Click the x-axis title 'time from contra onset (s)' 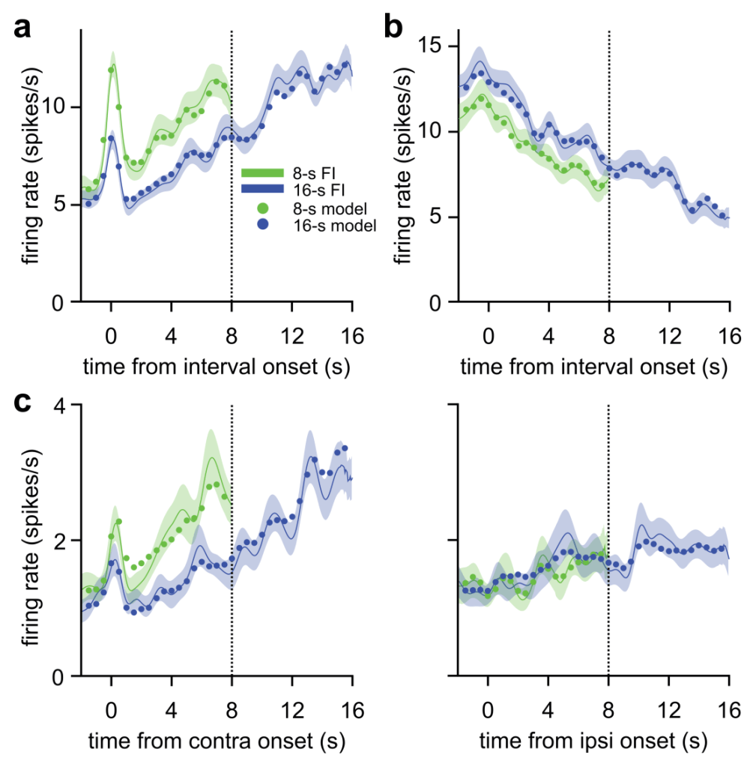pyautogui.click(x=217, y=742)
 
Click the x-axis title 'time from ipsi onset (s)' pyautogui.click(x=593, y=742)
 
